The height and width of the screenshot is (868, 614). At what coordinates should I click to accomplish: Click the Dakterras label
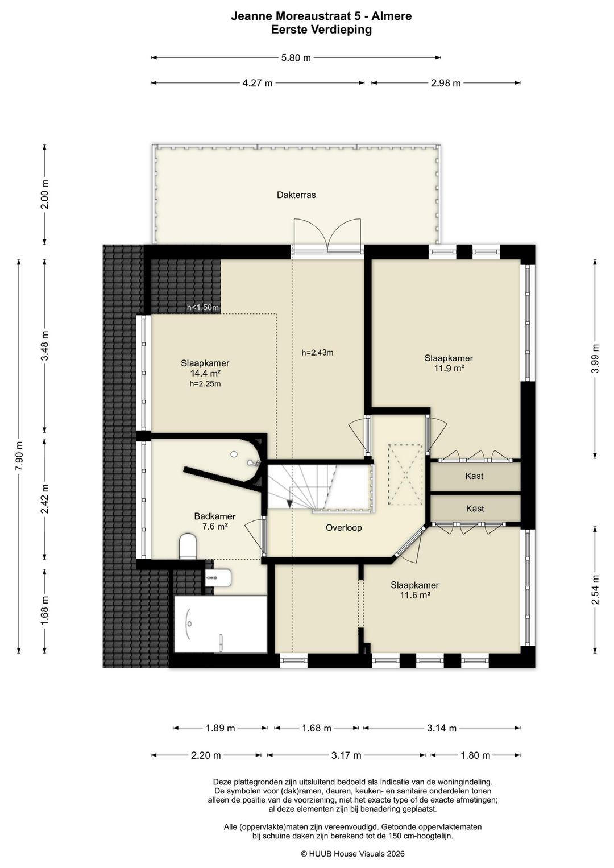pos(296,195)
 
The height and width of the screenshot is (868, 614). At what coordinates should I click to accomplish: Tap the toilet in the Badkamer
pos(189,546)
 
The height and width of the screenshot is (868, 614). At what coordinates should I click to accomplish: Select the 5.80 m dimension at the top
pos(296,58)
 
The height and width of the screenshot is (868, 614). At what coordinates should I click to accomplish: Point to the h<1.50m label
pos(203,308)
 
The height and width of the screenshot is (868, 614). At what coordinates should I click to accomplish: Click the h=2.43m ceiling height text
pos(317,353)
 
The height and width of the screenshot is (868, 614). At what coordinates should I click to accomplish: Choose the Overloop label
pos(343,528)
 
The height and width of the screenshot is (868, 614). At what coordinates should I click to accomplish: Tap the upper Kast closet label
pos(474,476)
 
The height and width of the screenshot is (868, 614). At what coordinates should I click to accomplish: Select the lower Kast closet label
pos(475,509)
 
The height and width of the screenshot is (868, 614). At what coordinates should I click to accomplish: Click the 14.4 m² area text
pos(205,374)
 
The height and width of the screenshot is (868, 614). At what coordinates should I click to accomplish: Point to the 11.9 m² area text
pos(449,368)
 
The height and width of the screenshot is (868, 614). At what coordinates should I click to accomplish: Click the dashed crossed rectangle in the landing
pos(405,475)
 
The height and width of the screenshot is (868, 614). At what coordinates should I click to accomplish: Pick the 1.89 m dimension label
pos(220,728)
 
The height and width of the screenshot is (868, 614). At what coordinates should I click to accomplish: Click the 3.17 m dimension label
pos(346,755)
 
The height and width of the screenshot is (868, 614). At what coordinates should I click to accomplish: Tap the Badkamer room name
pos(215,516)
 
